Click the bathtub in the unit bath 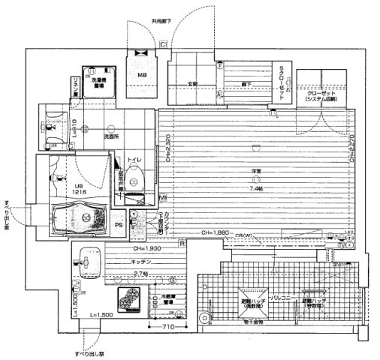(82, 217)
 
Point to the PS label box (118, 223)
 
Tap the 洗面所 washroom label (113, 137)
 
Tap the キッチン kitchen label (143, 262)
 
